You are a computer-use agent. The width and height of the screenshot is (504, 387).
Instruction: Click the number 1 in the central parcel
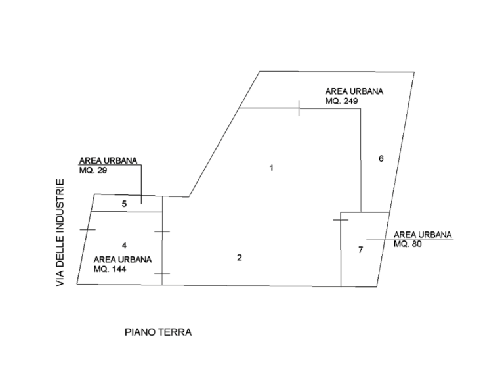point(271,168)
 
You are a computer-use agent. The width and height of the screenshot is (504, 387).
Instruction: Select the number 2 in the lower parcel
point(240,257)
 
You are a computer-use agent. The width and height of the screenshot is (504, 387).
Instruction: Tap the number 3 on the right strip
point(381,158)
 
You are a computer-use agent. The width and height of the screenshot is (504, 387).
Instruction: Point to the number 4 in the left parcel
point(124,244)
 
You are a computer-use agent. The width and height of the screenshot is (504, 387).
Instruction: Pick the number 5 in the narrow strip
point(124,204)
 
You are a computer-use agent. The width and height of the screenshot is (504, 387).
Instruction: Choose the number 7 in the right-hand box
point(360,250)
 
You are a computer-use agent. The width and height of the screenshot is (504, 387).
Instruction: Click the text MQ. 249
point(343,101)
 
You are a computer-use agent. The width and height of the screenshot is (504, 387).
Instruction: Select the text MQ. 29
point(93,170)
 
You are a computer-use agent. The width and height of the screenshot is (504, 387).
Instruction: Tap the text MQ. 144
point(109,269)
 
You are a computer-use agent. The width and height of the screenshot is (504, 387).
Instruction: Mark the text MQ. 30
point(408,244)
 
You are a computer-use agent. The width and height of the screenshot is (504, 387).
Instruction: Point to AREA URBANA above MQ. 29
point(108,161)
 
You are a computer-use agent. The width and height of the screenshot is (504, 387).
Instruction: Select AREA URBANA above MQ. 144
point(123,259)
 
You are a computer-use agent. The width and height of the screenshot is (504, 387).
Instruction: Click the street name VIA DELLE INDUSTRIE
point(60,232)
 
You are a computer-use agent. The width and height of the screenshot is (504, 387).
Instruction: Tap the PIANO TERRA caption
point(158,332)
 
